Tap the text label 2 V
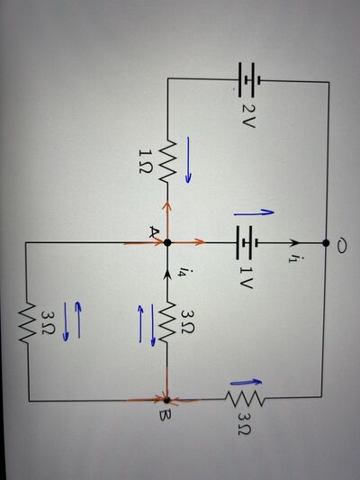point(248,116)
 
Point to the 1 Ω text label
point(145,161)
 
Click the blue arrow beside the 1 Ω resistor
point(189,160)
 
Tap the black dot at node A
point(167,242)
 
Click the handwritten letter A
point(154,232)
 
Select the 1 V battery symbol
point(247,243)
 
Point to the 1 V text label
point(247,277)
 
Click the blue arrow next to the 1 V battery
point(254,213)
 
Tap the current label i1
point(292,258)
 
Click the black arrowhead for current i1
point(294,243)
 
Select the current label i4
point(183,271)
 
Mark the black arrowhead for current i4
point(167,275)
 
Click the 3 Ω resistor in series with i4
point(167,322)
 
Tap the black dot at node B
point(166,400)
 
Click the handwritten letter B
point(166,416)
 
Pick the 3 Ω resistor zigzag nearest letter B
point(245,399)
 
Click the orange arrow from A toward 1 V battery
point(188,242)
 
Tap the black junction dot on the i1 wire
point(326,243)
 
